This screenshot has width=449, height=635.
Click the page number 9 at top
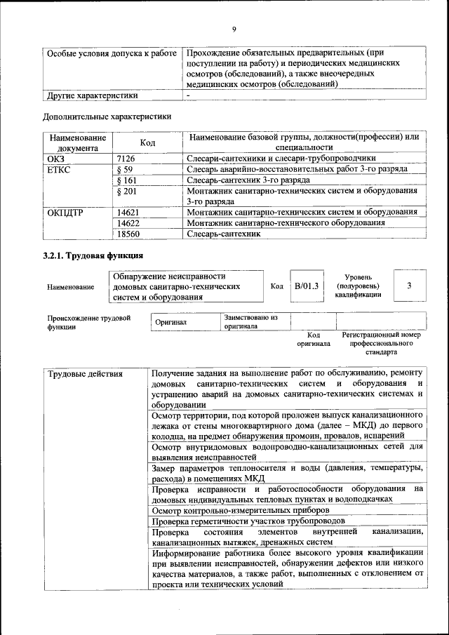click(234, 29)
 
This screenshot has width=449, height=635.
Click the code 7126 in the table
click(126, 159)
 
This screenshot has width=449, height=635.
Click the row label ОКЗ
click(55, 159)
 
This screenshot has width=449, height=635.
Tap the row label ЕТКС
click(59, 169)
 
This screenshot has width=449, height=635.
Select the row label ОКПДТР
click(65, 212)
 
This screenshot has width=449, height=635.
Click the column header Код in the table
click(147, 142)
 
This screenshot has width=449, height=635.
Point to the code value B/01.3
click(307, 286)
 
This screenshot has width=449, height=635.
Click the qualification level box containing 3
click(409, 286)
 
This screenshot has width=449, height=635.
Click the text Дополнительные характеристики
click(107, 116)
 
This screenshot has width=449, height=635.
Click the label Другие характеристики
click(92, 95)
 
